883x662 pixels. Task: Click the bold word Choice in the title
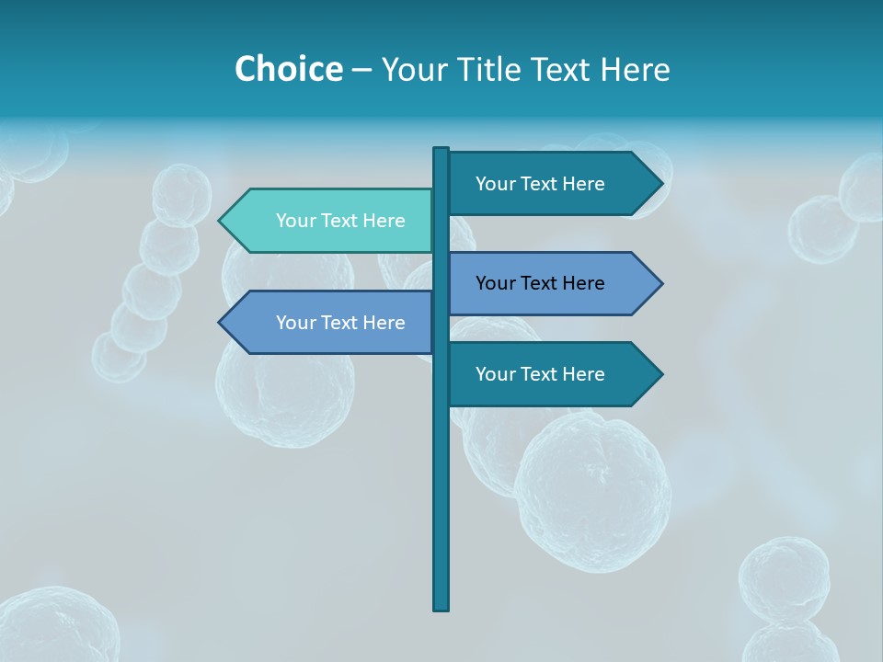[288, 69]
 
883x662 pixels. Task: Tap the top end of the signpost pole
[441, 150]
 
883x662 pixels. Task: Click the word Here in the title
[635, 69]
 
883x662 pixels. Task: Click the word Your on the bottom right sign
[495, 374]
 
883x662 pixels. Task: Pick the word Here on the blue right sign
[583, 283]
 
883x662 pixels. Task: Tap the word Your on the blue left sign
[295, 323]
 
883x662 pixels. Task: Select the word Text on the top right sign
[541, 184]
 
